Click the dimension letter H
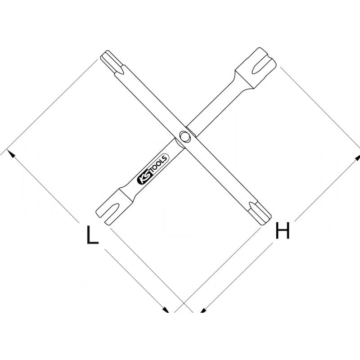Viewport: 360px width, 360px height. (282, 231)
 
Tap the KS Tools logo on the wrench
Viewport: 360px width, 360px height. (152, 169)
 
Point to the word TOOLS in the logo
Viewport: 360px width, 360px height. (157, 164)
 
